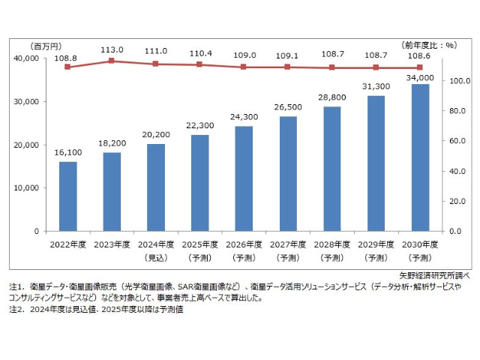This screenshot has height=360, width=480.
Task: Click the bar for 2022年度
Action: coord(67,196)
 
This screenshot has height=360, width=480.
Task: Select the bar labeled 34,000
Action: coord(420,157)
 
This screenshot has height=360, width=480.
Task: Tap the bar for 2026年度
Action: coord(244,178)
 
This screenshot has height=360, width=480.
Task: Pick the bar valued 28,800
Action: coord(331,169)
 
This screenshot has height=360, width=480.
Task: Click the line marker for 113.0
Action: coord(112,60)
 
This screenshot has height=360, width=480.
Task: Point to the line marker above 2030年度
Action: coord(420,67)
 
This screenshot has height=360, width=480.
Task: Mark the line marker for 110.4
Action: coord(199,64)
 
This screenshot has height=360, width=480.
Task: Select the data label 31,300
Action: coord(376,85)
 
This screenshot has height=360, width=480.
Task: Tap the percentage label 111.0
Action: coord(155,50)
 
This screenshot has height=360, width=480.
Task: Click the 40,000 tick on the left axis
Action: coord(25,58)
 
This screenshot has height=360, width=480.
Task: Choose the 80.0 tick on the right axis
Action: coord(457,111)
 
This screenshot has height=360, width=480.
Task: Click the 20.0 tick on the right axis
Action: coord(457,201)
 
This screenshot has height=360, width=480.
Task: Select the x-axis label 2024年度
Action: coord(155,244)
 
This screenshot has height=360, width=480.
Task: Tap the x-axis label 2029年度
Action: coord(376,244)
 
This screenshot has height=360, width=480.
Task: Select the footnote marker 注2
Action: coord(16,309)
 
